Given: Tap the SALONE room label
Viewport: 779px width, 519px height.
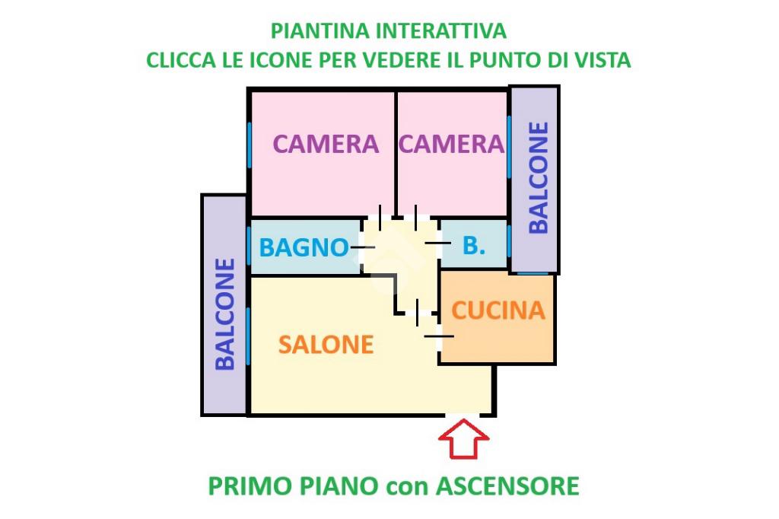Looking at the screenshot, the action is (x=326, y=345).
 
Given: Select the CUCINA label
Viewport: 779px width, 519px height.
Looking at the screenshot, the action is (x=498, y=310).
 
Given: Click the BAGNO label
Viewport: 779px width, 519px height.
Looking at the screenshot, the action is (x=304, y=247).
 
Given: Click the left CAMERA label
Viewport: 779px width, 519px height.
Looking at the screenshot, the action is (x=326, y=144).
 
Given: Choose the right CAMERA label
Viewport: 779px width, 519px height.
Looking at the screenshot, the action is (x=451, y=144).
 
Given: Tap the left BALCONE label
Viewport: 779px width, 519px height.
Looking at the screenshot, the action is (x=225, y=314).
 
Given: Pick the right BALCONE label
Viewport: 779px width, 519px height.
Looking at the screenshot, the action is (x=538, y=177).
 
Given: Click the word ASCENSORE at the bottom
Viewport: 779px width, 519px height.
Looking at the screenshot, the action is (x=507, y=486).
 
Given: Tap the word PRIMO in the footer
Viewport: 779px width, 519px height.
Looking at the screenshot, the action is (x=247, y=486).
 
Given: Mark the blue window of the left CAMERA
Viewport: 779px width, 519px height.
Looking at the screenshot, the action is (x=250, y=147).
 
